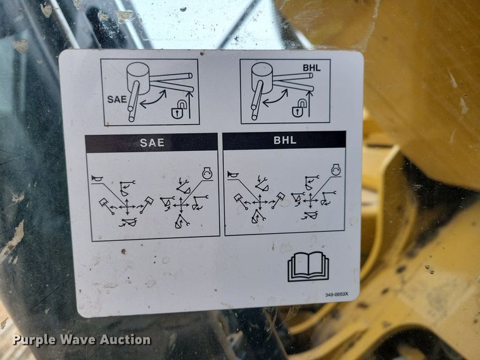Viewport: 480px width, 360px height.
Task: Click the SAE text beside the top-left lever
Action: pos(116,100)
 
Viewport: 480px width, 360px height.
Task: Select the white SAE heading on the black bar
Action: pos(152,143)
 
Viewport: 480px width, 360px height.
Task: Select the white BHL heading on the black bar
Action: pos(284,140)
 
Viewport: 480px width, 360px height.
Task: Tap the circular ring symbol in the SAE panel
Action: pos(206,172)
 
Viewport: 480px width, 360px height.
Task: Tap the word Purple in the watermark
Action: pos(32,340)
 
